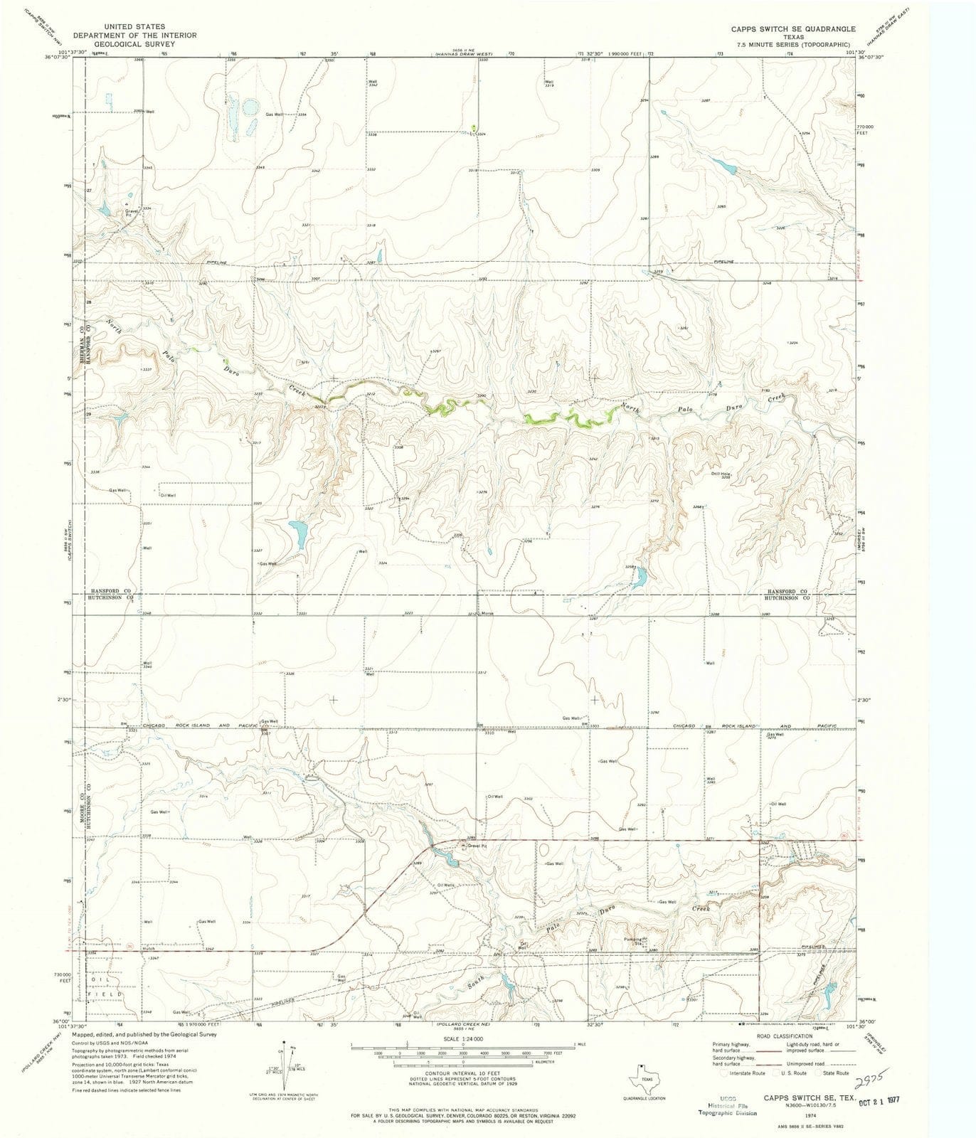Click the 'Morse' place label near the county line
pyautogui.click(x=487, y=613)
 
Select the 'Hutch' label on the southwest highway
pyautogui.click(x=148, y=949)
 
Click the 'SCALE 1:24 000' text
pyautogui.click(x=462, y=1036)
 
